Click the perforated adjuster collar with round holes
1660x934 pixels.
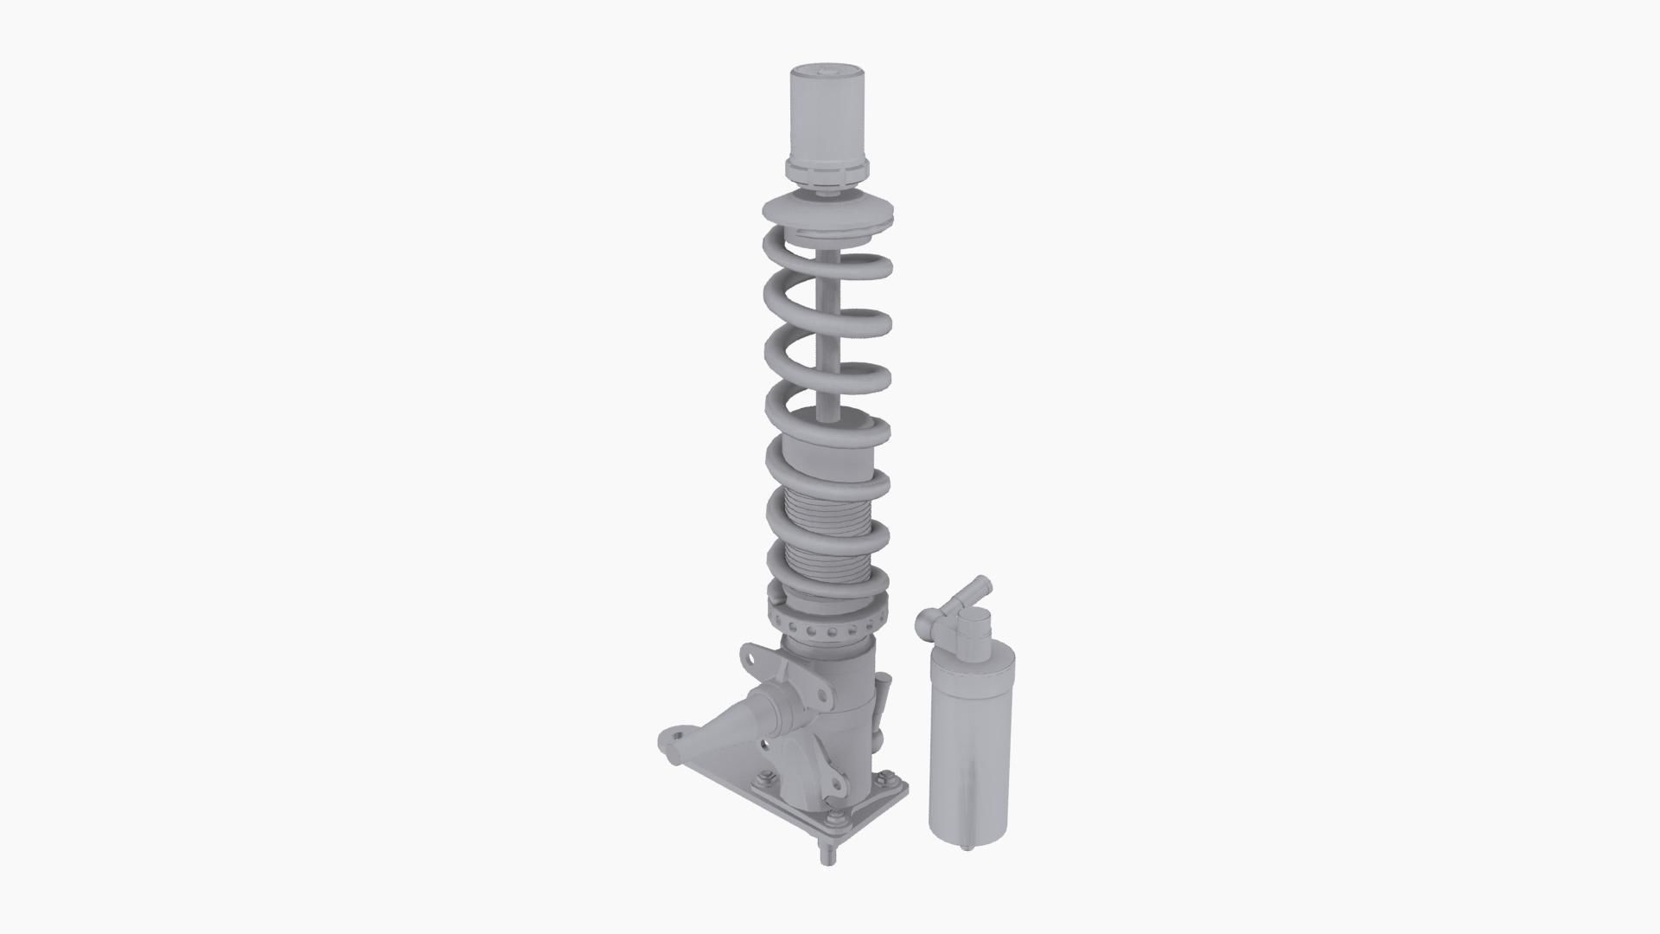point(826,627)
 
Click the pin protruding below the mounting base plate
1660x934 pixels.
point(828,855)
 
